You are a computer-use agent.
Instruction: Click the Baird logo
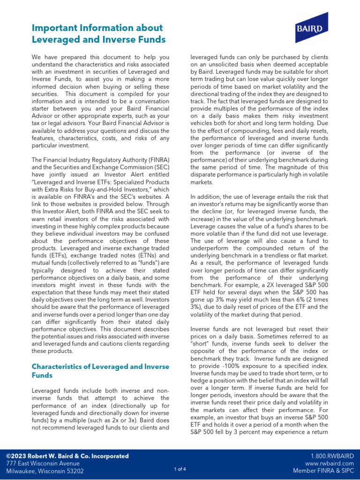click(308, 28)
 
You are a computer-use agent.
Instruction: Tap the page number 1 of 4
click(180, 469)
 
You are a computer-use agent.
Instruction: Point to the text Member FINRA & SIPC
click(323, 471)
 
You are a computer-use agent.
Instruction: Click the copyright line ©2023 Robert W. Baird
click(67, 456)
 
